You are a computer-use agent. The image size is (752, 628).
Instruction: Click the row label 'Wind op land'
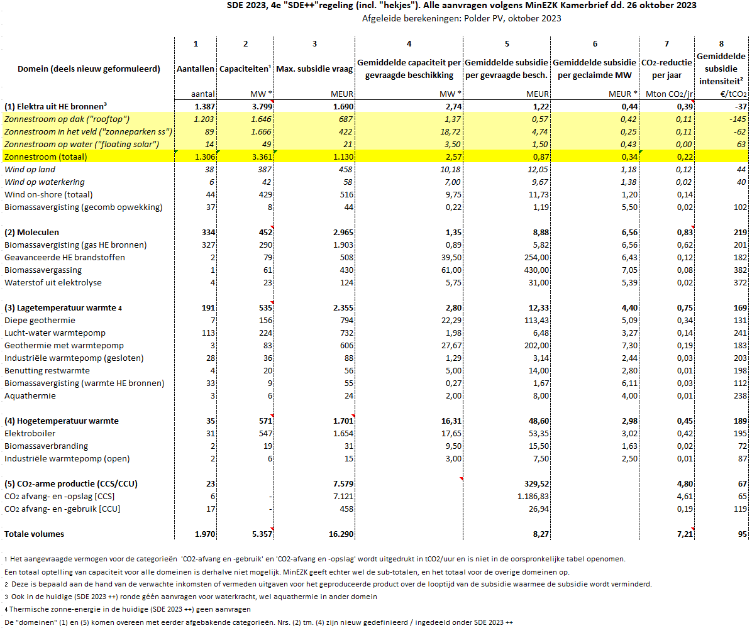tap(30, 170)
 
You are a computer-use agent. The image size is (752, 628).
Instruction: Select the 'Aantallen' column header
tap(195, 69)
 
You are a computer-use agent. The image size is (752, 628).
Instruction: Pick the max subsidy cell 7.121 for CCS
tap(343, 496)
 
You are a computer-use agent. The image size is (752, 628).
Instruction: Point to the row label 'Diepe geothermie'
tap(40, 320)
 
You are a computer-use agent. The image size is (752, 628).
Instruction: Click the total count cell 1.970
tap(205, 534)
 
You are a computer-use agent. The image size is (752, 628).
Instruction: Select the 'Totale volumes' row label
tap(34, 534)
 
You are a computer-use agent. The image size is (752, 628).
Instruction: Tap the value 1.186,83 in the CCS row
tap(533, 496)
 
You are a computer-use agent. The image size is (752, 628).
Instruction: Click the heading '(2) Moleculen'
tap(31, 233)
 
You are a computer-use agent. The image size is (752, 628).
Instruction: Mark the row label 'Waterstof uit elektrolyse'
tap(53, 283)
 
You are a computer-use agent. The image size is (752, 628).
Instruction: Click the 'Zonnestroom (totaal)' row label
tap(46, 157)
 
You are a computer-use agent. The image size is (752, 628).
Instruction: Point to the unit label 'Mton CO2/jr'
tap(669, 94)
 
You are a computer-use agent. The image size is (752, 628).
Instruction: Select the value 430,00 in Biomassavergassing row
tap(536, 270)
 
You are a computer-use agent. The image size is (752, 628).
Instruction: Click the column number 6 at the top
tap(595, 44)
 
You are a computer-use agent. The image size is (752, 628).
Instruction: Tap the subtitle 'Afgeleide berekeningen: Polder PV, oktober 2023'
tap(462, 19)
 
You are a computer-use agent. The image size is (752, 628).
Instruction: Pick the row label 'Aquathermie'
tap(30, 396)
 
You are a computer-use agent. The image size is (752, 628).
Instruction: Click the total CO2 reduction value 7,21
tap(684, 534)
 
